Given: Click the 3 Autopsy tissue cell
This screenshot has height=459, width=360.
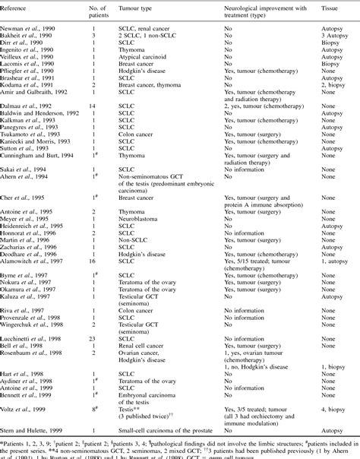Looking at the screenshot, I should [328, 34].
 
